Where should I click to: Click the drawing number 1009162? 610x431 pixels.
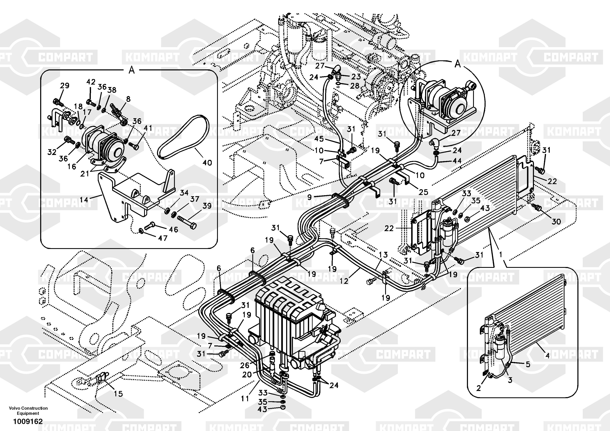coord(28,421)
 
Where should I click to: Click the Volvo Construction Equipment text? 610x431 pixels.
coord(28,410)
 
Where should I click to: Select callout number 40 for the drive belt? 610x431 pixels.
coord(207,163)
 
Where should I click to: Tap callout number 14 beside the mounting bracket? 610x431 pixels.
coord(84,199)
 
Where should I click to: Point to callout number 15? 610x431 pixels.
coord(118,394)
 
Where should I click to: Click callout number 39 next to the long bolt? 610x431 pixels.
coord(207,206)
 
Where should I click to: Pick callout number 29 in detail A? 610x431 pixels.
coord(65,86)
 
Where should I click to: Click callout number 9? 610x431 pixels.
coord(309,197)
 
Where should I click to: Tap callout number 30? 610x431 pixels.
coord(556,221)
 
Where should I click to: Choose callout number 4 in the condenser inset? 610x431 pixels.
coord(547,355)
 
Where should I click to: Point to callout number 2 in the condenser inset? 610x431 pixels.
coord(478,388)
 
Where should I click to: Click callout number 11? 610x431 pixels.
coord(245,398)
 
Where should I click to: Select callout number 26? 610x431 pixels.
coord(245,365)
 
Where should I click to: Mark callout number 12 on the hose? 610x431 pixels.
coord(344,281)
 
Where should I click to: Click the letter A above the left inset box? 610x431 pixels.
coord(132,70)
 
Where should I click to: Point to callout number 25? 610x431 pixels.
coord(423,192)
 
